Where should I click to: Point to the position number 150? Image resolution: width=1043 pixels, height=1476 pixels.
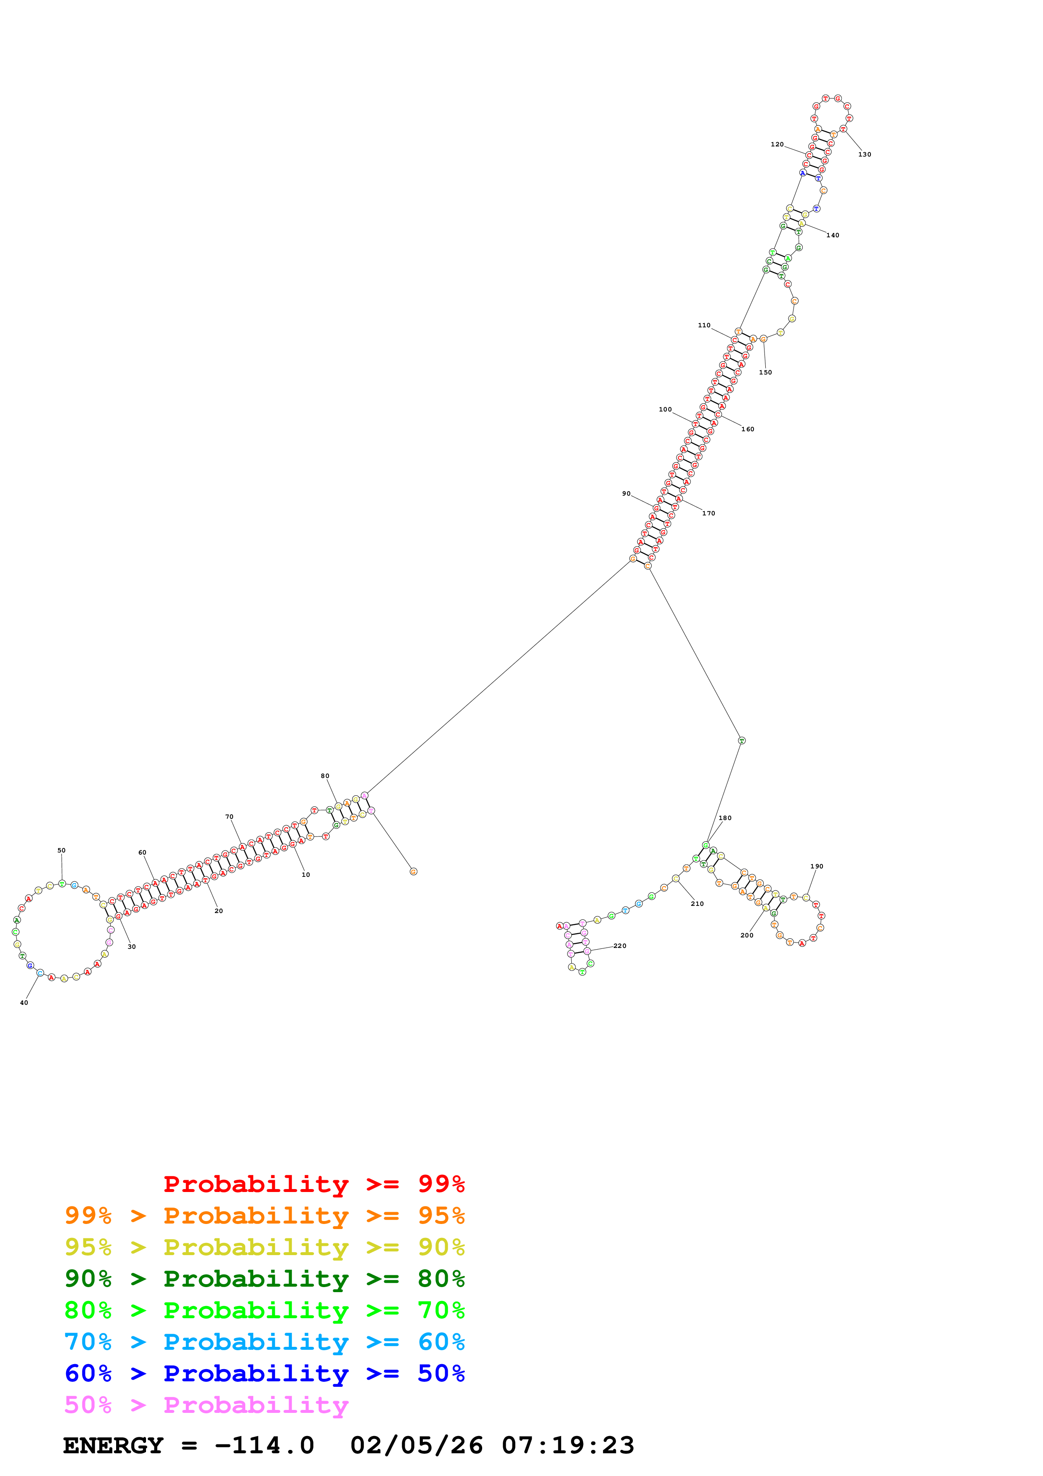click(765, 372)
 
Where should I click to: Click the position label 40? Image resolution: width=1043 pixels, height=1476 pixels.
click(24, 1002)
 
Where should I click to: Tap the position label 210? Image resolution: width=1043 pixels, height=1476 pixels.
click(697, 903)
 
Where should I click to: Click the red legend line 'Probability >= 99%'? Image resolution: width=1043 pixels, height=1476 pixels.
click(313, 1184)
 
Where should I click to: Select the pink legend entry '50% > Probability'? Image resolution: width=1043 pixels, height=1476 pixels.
click(206, 1404)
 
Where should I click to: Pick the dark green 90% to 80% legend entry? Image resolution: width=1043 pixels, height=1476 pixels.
click(264, 1279)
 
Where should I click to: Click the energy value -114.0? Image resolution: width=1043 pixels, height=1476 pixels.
click(264, 1445)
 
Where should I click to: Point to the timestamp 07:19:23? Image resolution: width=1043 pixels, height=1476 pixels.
click(568, 1445)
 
